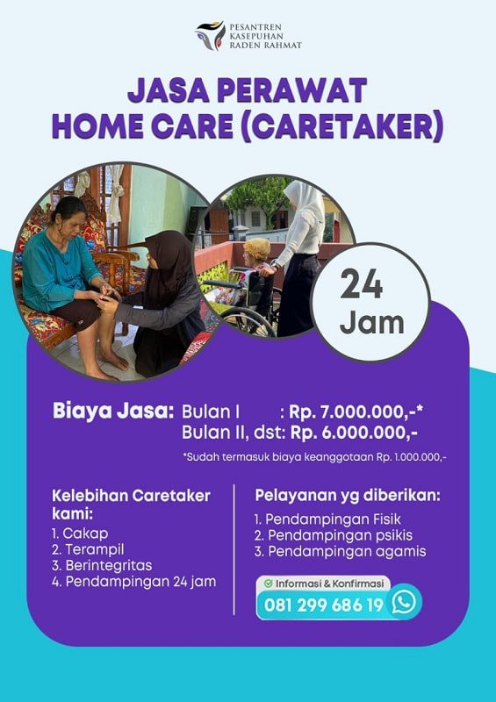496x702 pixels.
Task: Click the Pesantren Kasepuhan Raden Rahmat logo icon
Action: [209, 36]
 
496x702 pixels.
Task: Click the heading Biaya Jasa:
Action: [113, 411]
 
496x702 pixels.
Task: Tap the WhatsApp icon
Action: [403, 602]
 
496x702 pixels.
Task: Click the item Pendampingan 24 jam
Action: [133, 581]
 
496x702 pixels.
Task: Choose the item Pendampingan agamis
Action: [339, 551]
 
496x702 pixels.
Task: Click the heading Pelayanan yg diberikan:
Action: [348, 496]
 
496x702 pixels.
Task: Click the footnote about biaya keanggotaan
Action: [313, 456]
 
